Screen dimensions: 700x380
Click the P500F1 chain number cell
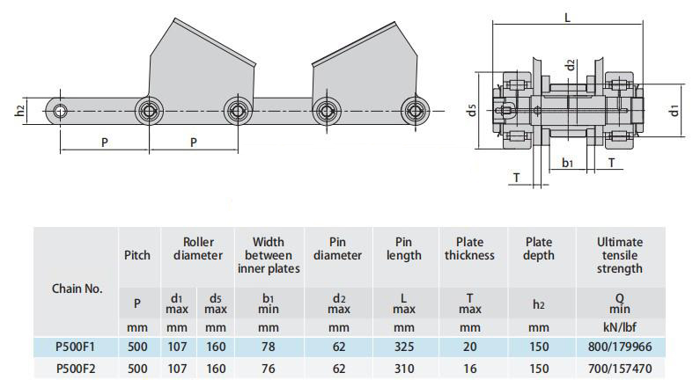[x=76, y=347]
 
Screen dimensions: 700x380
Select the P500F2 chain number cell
[x=76, y=369]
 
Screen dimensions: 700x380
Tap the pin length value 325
[x=404, y=347]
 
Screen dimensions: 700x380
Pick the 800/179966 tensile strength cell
[x=620, y=347]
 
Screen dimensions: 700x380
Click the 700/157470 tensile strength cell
[x=620, y=369]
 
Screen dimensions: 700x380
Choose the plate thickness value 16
[x=469, y=369]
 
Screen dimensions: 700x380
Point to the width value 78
[x=269, y=347]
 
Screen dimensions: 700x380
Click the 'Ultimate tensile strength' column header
[x=620, y=255]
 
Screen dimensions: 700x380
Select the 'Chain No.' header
[x=77, y=289]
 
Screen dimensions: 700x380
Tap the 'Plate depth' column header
[x=539, y=248]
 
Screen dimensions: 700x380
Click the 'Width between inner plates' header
[x=269, y=255]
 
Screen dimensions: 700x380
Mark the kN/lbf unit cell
[x=620, y=327]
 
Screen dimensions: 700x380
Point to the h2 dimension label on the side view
[x=19, y=111]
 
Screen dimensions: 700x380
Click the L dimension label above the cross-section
[x=567, y=18]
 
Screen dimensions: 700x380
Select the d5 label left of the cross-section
[x=471, y=110]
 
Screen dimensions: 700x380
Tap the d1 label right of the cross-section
[x=674, y=110]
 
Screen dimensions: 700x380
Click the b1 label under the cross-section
[x=567, y=163]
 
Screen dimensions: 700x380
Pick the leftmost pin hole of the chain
[x=60, y=111]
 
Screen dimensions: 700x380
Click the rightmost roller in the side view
[x=416, y=111]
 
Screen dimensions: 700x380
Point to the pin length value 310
[x=404, y=369]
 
